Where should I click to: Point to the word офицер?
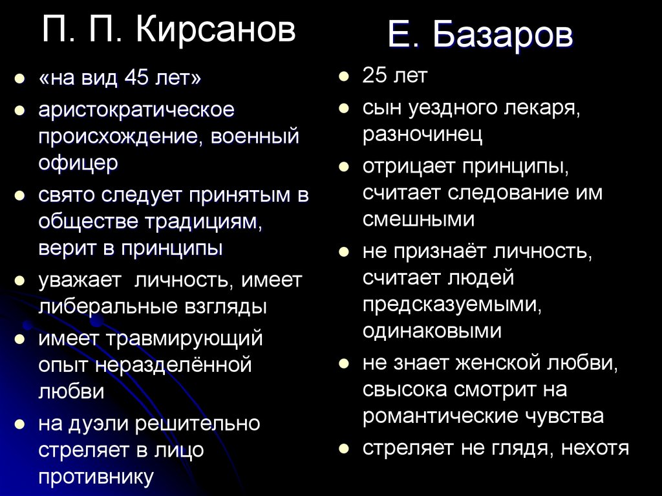click(x=78, y=163)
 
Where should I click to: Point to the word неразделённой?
click(x=173, y=365)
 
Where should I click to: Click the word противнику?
click(x=96, y=477)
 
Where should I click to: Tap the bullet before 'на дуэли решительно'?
click(x=21, y=424)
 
